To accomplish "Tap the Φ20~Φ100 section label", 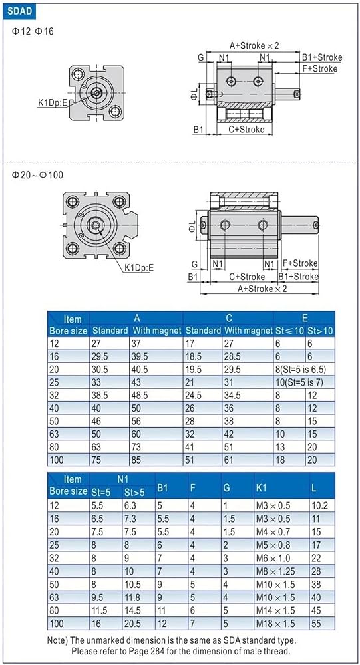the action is pos(37,174).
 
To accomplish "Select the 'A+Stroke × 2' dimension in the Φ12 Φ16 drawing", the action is pos(254,45).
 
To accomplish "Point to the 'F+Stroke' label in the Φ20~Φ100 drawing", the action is pos(300,263).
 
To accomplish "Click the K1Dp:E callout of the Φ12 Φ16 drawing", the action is pos(53,102).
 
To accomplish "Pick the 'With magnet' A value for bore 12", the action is pos(138,344).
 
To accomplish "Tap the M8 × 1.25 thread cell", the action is pos(275,571).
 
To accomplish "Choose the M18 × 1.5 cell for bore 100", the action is pos(275,624).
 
